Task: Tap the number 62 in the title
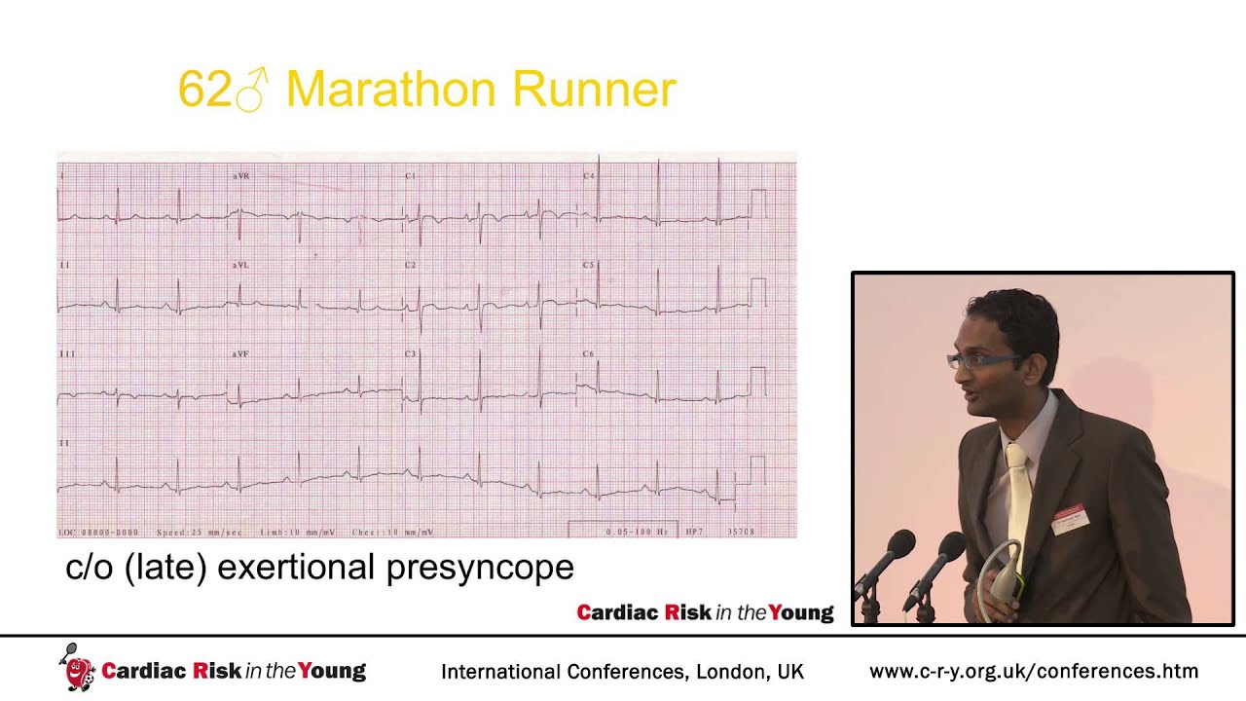click(x=203, y=91)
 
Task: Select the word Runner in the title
click(x=594, y=91)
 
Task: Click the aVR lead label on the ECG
click(x=241, y=176)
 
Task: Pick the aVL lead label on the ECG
click(x=241, y=265)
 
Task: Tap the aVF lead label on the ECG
click(x=240, y=353)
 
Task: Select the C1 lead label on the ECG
click(x=411, y=176)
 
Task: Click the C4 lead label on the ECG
click(x=589, y=176)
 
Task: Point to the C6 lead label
click(x=589, y=353)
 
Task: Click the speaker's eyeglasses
click(x=983, y=360)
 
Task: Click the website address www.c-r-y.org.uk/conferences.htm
click(x=1034, y=671)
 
